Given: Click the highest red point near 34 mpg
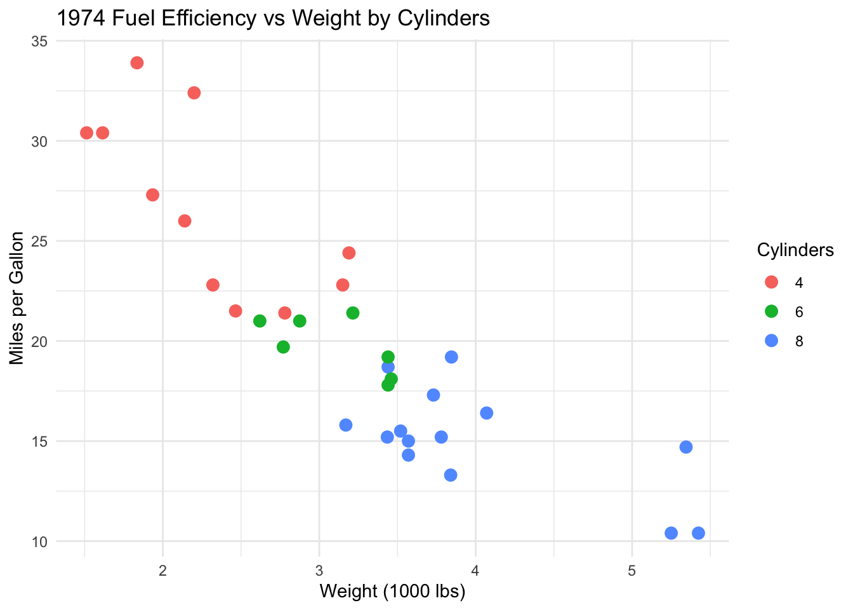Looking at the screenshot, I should tap(137, 63).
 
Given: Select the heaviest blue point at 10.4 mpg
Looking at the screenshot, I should tap(698, 533).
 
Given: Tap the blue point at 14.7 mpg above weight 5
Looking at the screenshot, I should tap(686, 447).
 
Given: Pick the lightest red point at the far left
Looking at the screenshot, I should tap(87, 133).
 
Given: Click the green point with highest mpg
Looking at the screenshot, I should tap(353, 313).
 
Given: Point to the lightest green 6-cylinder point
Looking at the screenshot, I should tap(260, 321).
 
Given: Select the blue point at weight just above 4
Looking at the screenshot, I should tap(487, 413).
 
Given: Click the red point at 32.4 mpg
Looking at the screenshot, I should tap(194, 93).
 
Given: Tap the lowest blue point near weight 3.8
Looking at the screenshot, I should tap(451, 475).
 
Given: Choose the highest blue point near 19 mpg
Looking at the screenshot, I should tap(451, 357).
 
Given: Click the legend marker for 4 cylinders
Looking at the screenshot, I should tap(772, 282).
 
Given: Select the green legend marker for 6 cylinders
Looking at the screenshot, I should tap(772, 311).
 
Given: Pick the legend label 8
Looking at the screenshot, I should tap(799, 342).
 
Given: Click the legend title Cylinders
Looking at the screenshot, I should tap(795, 250).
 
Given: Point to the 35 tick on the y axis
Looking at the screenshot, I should tap(39, 41).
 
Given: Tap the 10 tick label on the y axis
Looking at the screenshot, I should tap(39, 542).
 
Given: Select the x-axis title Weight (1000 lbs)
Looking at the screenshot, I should tap(392, 592).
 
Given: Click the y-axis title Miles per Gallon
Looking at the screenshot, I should tap(17, 299).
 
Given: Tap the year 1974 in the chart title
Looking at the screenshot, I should tap(81, 18).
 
